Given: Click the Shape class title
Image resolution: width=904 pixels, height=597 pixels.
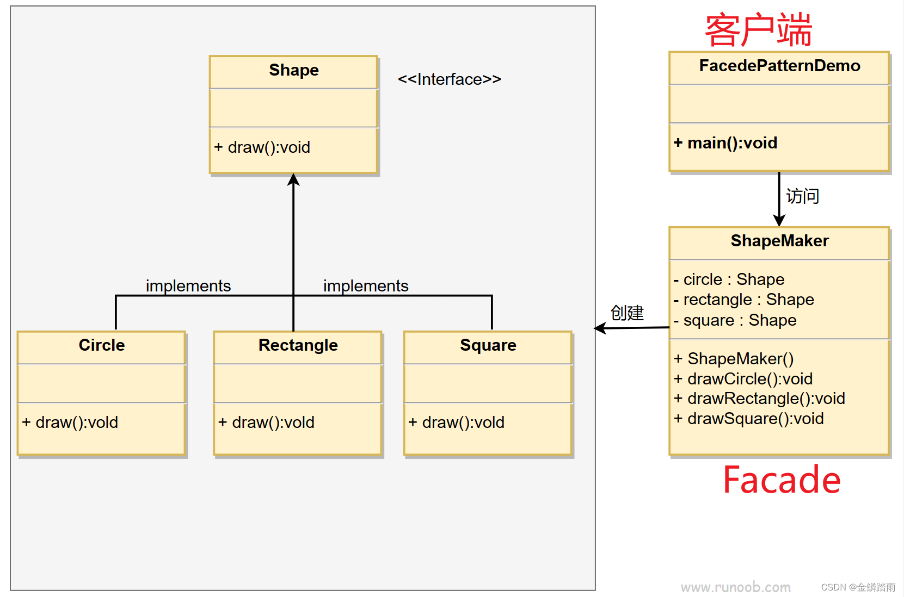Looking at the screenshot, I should coord(293,70).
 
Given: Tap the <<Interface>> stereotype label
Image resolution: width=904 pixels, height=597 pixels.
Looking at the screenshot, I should coord(449,79).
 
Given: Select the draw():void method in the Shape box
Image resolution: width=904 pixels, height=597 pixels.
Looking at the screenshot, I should coord(262,147).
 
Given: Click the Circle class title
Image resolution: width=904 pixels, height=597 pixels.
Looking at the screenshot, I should coord(102,345).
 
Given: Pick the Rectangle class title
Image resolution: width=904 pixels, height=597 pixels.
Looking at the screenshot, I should coord(298,345).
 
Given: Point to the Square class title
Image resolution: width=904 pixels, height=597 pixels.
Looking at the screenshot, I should coord(488,345).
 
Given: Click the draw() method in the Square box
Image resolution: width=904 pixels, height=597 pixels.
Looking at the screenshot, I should coord(457,422).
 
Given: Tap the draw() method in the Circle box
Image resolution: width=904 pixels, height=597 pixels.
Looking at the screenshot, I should coord(70,422).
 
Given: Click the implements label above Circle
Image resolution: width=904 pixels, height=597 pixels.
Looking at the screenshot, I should coord(188,286).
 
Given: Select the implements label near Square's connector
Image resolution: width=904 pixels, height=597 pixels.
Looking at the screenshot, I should coord(365,286).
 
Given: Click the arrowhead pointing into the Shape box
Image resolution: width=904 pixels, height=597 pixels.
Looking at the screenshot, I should coord(293,180).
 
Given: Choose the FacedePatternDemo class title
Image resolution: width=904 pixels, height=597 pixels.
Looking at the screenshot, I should coord(779,66).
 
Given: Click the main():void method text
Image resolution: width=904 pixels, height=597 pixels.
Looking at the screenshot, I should coord(725,143).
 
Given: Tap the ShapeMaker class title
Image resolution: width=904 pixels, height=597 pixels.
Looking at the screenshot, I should coord(779,241).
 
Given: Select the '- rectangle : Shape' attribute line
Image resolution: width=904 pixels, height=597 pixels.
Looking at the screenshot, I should coord(743,300).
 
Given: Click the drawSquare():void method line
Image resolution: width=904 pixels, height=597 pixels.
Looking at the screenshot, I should coord(749,419).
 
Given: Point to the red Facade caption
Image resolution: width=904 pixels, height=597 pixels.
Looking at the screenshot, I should coord(782,480).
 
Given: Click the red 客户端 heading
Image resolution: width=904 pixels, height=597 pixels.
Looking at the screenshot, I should coord(758,30).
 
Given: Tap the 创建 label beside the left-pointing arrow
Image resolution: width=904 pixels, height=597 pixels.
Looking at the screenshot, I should coord(627,313).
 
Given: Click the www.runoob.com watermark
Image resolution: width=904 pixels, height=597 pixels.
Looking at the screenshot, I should coord(735,587).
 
